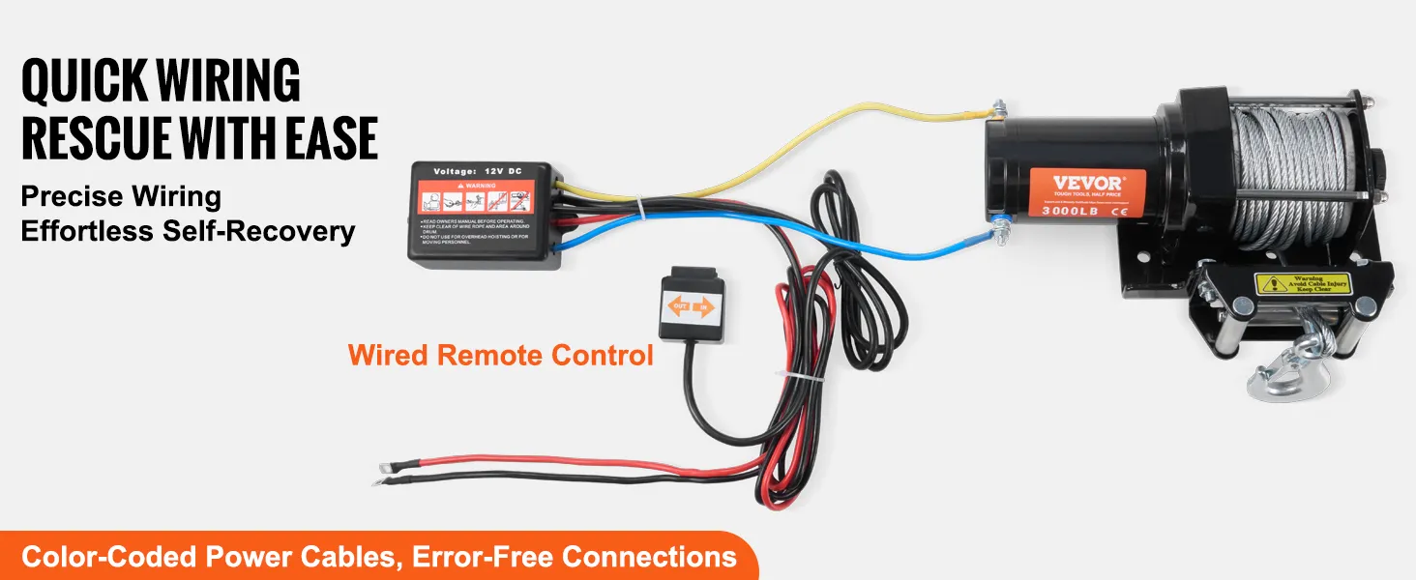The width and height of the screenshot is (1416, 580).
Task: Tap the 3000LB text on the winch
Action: [x=1068, y=209]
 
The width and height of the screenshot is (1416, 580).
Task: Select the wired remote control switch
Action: [x=691, y=306]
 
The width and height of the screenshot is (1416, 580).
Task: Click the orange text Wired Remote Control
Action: [x=501, y=355]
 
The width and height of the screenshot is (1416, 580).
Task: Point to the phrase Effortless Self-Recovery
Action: [x=188, y=232]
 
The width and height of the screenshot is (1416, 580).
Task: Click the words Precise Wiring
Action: [x=121, y=197]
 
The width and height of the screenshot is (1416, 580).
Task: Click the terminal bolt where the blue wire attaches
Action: [x=999, y=230]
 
